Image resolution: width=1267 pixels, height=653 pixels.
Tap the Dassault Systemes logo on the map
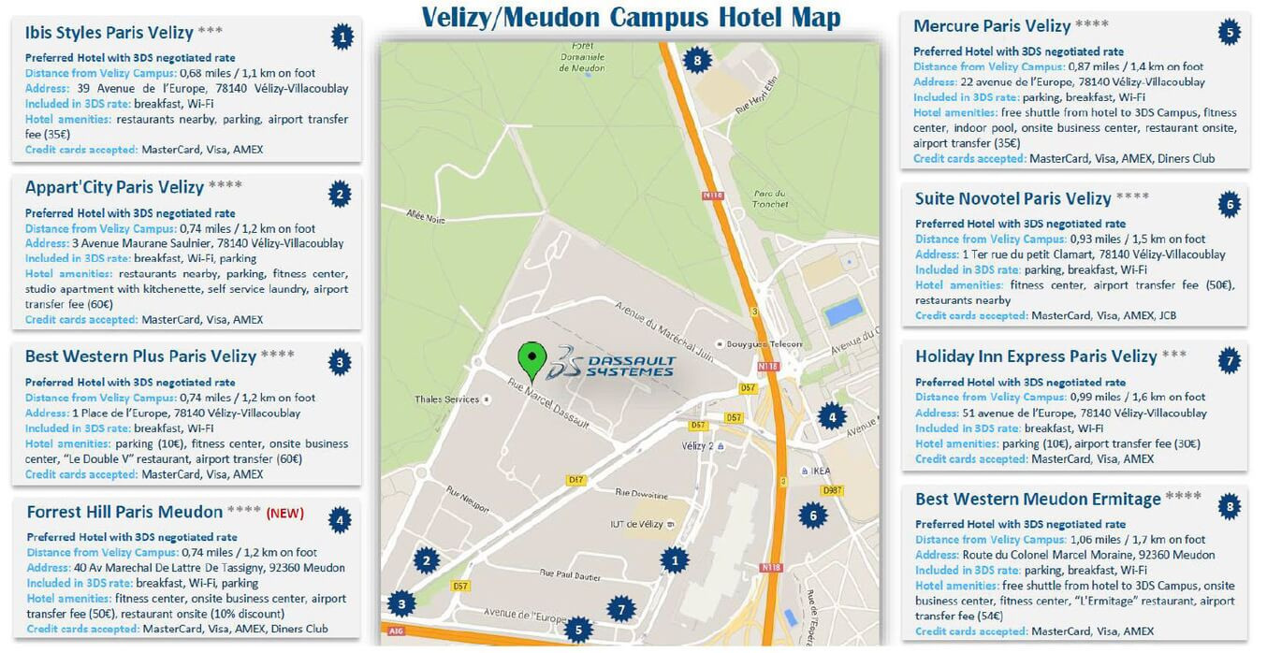click(x=614, y=363)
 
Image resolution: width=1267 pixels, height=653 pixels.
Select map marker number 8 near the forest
click(x=696, y=61)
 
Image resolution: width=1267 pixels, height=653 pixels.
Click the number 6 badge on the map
click(x=813, y=514)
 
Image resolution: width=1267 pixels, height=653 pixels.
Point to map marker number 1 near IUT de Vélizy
click(x=674, y=560)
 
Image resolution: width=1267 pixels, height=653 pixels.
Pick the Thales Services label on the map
click(x=447, y=399)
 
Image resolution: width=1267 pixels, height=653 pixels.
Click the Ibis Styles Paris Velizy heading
click(x=109, y=33)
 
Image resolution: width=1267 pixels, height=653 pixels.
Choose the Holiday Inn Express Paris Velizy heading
click(x=1036, y=356)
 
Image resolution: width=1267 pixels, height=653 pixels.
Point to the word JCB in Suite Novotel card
click(x=1167, y=315)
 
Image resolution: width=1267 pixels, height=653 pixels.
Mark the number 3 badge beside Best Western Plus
click(x=341, y=361)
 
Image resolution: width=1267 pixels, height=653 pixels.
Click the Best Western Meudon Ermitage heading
click(x=1038, y=499)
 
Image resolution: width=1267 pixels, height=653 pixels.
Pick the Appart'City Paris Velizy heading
click(x=114, y=186)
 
